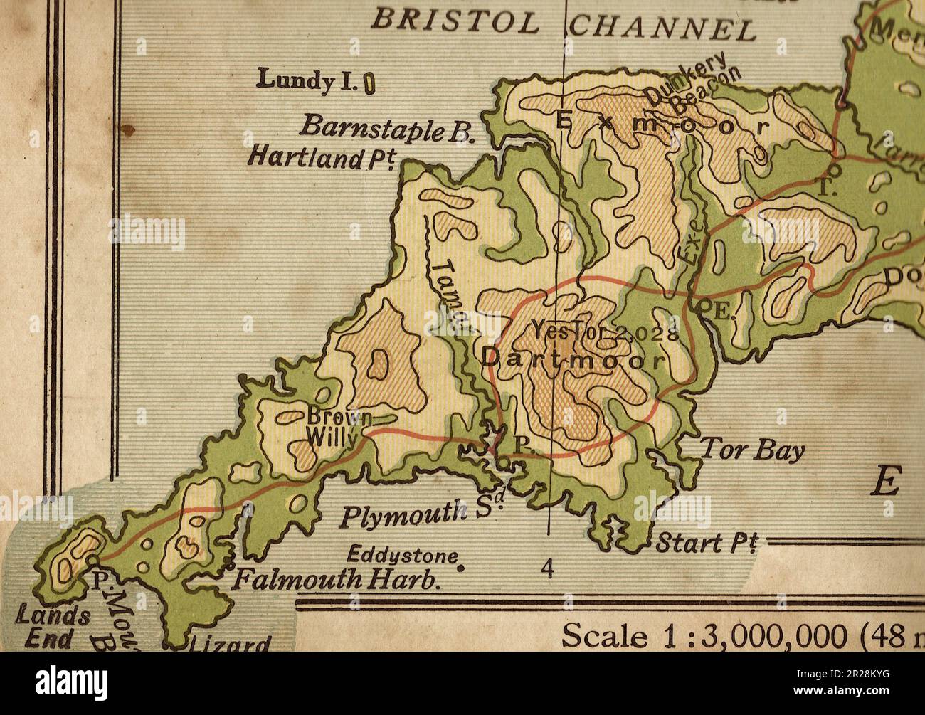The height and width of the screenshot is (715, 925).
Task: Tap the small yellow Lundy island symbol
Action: tap(350, 85)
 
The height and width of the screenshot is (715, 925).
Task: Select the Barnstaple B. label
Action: tap(381, 127)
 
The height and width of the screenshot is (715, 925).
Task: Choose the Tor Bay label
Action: tap(753, 450)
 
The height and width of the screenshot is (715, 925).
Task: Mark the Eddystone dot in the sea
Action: tap(460, 568)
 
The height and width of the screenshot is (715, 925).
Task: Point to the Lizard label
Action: tap(229, 644)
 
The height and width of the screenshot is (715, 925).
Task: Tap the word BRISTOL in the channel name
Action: tap(455, 23)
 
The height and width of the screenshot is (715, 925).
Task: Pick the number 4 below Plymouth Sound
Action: tap(547, 568)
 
